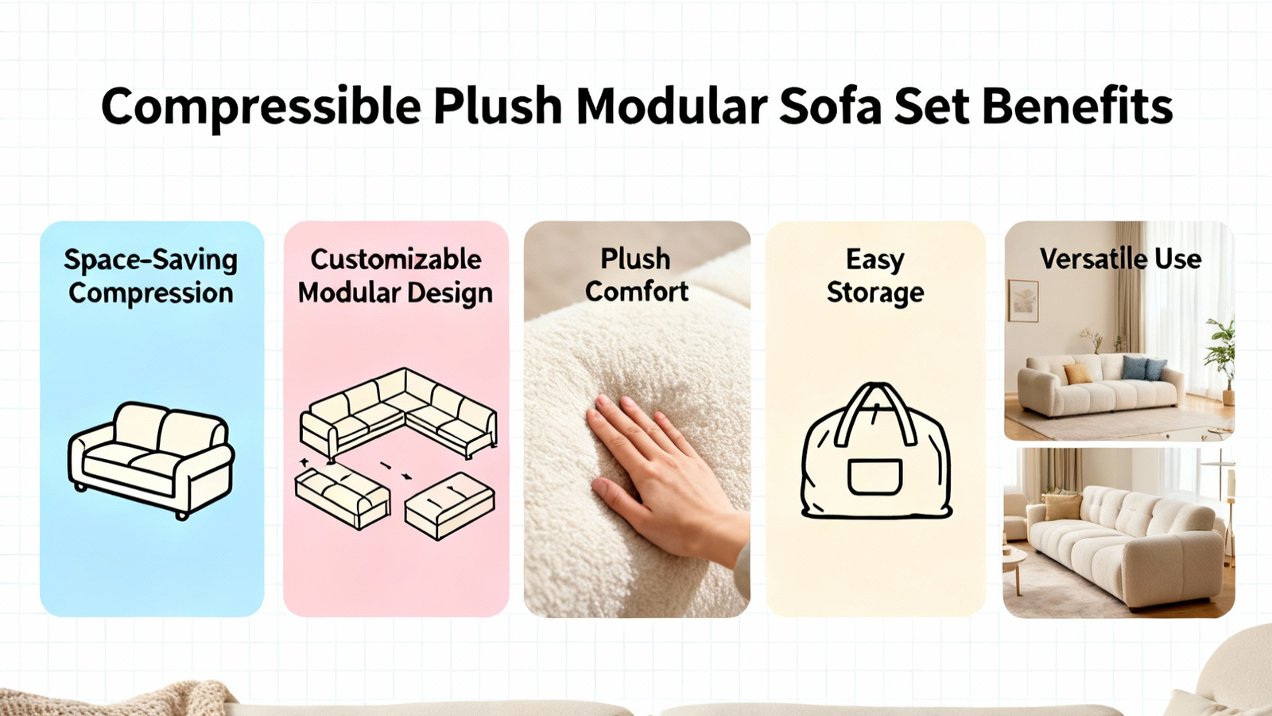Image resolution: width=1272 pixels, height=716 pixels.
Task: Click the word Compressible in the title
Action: tap(262, 107)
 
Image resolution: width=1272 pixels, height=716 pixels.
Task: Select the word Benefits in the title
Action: tap(1078, 106)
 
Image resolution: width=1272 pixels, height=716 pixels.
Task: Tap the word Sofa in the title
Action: tap(830, 106)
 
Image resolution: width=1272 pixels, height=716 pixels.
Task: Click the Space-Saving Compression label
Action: tap(150, 277)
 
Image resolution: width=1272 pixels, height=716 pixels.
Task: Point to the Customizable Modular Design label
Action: tap(396, 277)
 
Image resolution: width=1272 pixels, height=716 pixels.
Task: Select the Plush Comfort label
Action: tap(637, 275)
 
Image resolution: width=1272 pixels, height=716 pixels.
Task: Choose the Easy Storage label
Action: tap(875, 277)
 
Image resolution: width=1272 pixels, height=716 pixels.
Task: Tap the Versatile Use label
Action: tap(1120, 259)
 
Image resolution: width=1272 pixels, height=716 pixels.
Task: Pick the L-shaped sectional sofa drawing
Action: tap(398, 414)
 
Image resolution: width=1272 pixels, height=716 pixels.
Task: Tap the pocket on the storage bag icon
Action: tap(874, 477)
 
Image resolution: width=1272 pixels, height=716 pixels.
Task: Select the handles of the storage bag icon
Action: tap(875, 413)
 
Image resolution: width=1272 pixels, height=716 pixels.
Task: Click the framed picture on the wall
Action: tap(1023, 302)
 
